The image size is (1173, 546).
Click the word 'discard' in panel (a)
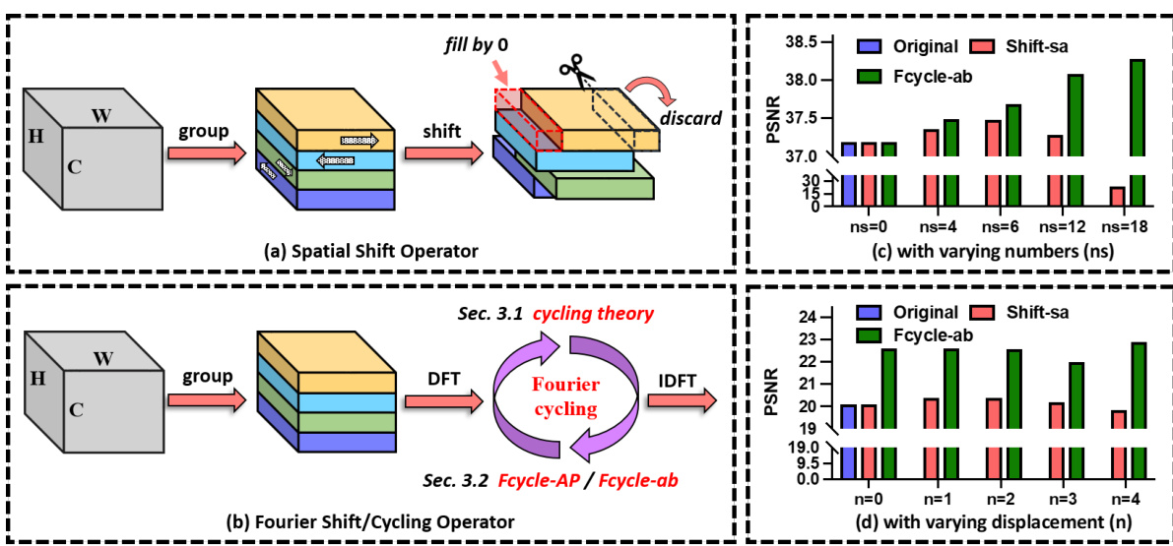[x=692, y=118]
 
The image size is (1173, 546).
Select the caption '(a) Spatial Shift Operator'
[x=374, y=251]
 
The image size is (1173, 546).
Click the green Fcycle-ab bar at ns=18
[x=1138, y=133]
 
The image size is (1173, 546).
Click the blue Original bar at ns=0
[x=846, y=175]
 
